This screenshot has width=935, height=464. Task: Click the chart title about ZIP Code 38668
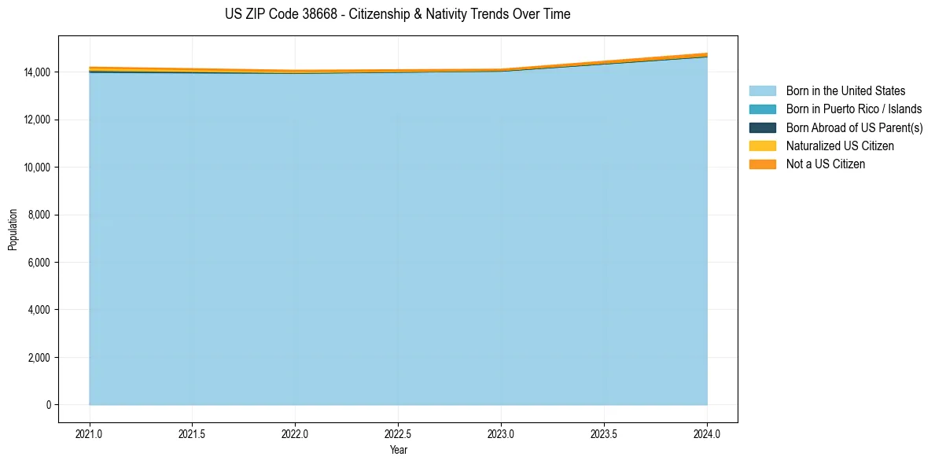[397, 14]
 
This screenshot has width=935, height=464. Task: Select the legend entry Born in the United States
[845, 91]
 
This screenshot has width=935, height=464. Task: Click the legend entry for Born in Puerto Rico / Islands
[854, 109]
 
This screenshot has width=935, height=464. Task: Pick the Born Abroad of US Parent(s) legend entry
[854, 127]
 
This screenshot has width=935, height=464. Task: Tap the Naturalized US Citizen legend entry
[840, 146]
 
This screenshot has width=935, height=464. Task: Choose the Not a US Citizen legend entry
[825, 164]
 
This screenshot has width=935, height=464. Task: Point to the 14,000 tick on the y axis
[38, 72]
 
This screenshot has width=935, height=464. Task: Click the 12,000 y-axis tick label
[38, 120]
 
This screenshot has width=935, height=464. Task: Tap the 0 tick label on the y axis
[49, 405]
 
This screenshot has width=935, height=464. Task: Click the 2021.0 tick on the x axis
[89, 433]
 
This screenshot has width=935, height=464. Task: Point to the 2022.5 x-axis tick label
[398, 433]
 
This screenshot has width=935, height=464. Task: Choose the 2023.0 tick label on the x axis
[501, 433]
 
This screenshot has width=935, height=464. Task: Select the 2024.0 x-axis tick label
[707, 433]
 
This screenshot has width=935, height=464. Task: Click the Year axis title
[398, 450]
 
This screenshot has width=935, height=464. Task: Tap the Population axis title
[13, 230]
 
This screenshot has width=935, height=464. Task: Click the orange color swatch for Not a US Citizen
[762, 164]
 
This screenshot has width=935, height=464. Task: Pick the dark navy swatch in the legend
[762, 127]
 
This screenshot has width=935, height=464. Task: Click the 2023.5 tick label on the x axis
[604, 433]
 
